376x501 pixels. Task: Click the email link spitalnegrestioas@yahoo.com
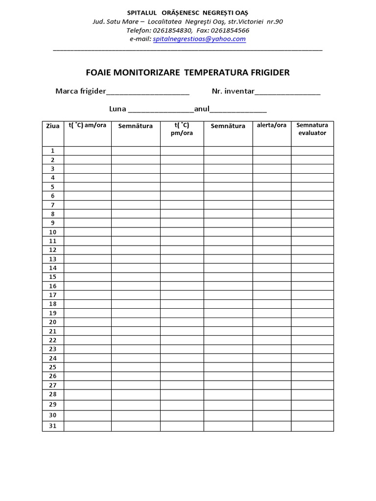click(x=199, y=39)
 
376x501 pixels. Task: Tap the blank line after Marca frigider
click(x=148, y=92)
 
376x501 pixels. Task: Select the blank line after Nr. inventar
click(x=287, y=92)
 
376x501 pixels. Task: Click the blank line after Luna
click(x=161, y=110)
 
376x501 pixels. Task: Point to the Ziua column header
click(x=53, y=126)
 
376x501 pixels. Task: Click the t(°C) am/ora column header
click(x=87, y=126)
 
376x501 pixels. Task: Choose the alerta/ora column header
click(x=272, y=126)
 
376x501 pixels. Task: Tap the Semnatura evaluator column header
click(x=312, y=129)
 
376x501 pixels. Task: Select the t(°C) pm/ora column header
click(x=182, y=129)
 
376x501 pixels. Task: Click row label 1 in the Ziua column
click(x=53, y=151)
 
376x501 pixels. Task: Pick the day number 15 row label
click(x=53, y=277)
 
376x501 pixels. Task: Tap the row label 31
click(x=53, y=426)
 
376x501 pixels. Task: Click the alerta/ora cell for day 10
click(x=272, y=232)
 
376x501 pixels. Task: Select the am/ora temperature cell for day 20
click(x=87, y=322)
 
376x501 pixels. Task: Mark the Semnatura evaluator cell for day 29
click(x=312, y=405)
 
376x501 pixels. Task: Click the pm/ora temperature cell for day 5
click(x=182, y=187)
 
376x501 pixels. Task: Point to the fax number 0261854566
click(x=231, y=30)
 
